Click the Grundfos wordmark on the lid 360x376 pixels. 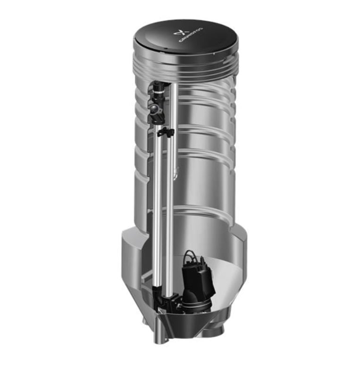[x=191, y=35]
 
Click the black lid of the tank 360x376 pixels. [x=185, y=36]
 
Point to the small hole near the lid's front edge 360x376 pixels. [x=165, y=50]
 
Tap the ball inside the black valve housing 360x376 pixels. [x=153, y=109]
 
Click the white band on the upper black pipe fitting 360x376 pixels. [x=159, y=92]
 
